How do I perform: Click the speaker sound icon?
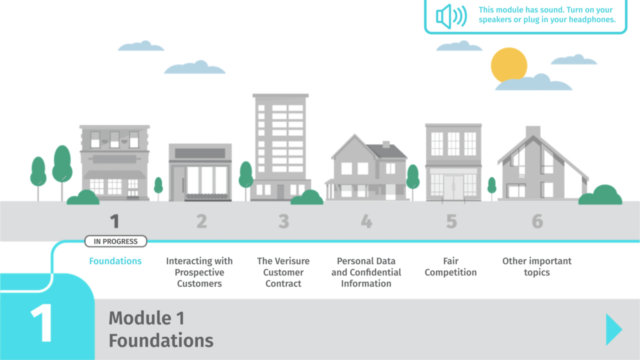[451, 16]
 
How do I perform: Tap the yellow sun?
[508, 65]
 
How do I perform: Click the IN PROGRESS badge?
[115, 241]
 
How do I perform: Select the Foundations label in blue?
[115, 261]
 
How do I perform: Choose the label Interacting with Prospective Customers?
[199, 272]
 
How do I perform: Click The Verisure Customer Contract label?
[283, 272]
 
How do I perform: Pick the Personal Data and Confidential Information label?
[366, 272]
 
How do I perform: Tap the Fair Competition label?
[450, 267]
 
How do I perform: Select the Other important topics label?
[537, 267]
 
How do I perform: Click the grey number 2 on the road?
[201, 221]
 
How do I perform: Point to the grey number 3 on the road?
[283, 221]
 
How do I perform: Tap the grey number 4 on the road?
[366, 221]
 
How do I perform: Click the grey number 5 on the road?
[451, 221]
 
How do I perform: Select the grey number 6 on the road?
[537, 221]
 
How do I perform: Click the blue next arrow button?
[613, 329]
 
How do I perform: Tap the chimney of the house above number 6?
[533, 132]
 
